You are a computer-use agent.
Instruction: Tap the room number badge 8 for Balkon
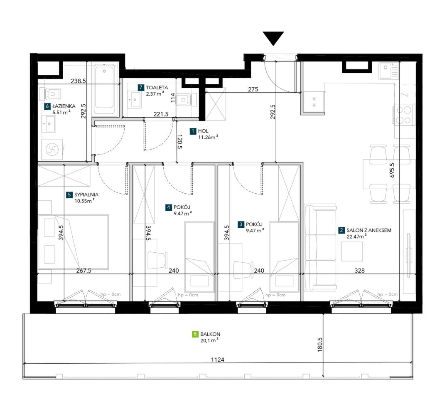point(195,334)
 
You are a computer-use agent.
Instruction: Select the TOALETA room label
point(157,88)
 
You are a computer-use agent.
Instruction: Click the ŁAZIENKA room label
point(64,106)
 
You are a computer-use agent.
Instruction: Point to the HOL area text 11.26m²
point(208,137)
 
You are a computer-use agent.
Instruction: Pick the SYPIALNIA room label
point(86,195)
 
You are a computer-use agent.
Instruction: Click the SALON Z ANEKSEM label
point(369,230)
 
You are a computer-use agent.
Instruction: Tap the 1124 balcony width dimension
point(218,360)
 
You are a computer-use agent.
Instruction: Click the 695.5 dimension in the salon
point(392,170)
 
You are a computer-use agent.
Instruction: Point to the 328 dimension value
point(359,271)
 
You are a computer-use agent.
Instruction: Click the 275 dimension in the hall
point(253,89)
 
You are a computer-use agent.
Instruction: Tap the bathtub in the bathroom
point(104,90)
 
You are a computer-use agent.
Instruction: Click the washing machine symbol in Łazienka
point(52,150)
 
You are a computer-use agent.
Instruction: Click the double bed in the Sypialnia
point(73,242)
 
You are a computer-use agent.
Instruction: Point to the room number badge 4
point(169,207)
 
